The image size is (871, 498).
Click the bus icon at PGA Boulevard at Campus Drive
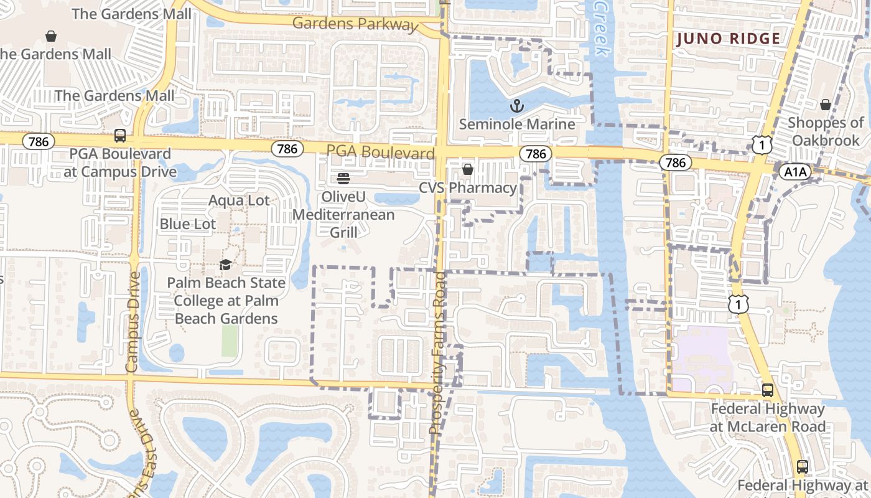[119, 135]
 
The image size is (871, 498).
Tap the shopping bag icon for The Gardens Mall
[51, 36]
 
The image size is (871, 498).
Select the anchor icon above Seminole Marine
[516, 106]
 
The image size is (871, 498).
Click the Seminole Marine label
[516, 124]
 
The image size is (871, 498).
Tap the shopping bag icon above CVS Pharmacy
[468, 169]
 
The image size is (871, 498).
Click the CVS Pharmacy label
[468, 187]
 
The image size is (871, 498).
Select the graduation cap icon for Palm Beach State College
[225, 265]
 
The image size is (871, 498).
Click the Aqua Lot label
[239, 200]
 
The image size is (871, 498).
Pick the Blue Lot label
[188, 224]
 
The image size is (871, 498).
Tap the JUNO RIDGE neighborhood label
[728, 39]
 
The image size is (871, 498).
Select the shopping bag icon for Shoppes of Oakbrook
[826, 105]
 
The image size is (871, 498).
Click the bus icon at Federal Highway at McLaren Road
[768, 390]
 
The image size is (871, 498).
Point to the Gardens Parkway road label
[355, 24]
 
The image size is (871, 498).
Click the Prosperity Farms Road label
[439, 352]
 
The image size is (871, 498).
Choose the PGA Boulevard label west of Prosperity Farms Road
[380, 153]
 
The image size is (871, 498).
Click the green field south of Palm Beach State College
[230, 341]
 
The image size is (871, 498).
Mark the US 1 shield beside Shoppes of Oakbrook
[762, 144]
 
